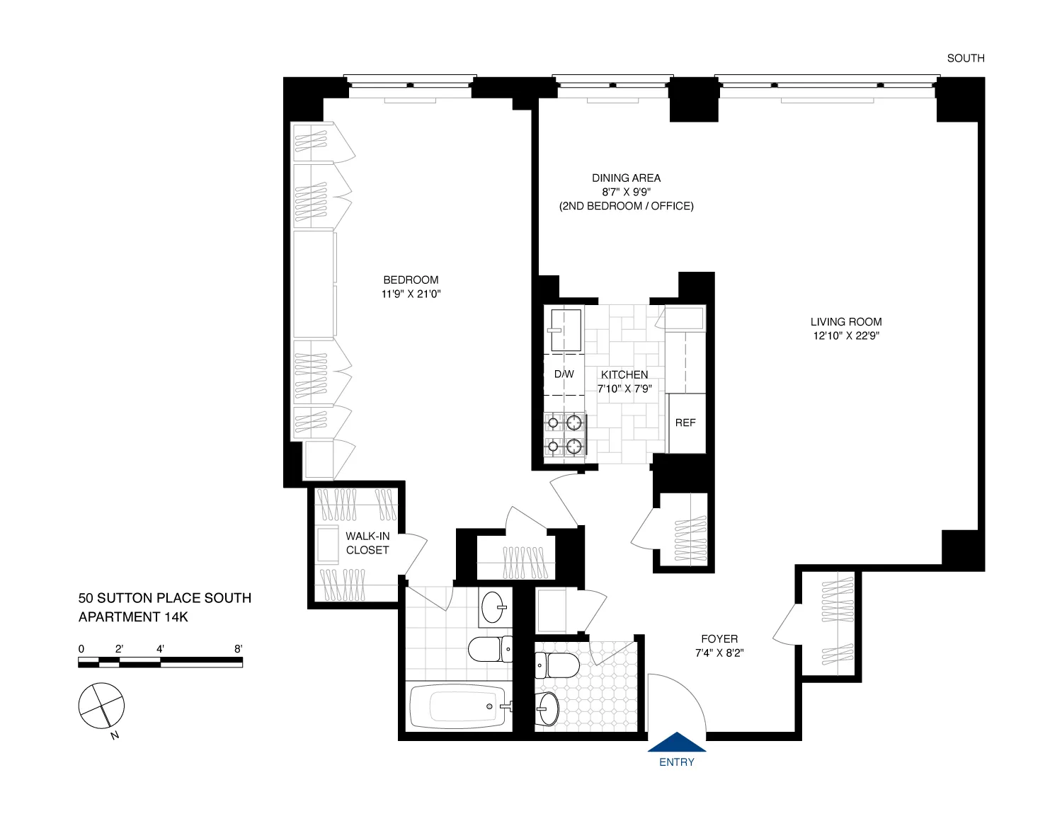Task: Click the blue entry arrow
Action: (x=677, y=742)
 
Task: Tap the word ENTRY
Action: (x=677, y=762)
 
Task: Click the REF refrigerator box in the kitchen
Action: (x=685, y=423)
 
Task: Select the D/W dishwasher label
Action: (x=564, y=374)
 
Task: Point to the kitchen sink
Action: (x=565, y=329)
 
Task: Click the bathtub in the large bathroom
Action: (x=458, y=706)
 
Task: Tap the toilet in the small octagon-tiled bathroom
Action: (x=557, y=665)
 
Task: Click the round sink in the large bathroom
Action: (x=493, y=607)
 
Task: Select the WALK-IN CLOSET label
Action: (x=367, y=543)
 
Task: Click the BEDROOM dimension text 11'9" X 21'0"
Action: (x=411, y=294)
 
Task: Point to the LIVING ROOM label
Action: (x=846, y=321)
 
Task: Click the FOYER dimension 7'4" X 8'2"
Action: (x=719, y=653)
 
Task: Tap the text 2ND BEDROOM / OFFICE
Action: (x=627, y=206)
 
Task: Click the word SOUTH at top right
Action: (x=966, y=58)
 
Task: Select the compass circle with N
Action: (x=101, y=706)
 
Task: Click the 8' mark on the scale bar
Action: (x=238, y=649)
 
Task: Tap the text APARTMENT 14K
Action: (x=133, y=616)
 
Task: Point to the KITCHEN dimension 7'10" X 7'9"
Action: (x=624, y=389)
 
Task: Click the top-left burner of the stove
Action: (x=553, y=423)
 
